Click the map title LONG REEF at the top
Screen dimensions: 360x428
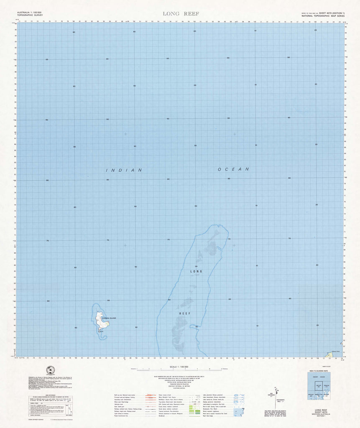point(181,14)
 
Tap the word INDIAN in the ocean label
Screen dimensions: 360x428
point(124,170)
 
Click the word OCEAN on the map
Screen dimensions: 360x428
point(233,169)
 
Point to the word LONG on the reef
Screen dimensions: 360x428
point(196,271)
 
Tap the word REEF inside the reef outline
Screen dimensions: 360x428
point(185,313)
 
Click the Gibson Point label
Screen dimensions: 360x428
point(335,352)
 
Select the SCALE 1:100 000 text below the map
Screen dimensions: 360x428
point(180,367)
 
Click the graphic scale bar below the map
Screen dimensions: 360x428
point(180,370)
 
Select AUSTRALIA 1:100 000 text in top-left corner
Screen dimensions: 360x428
point(32,13)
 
